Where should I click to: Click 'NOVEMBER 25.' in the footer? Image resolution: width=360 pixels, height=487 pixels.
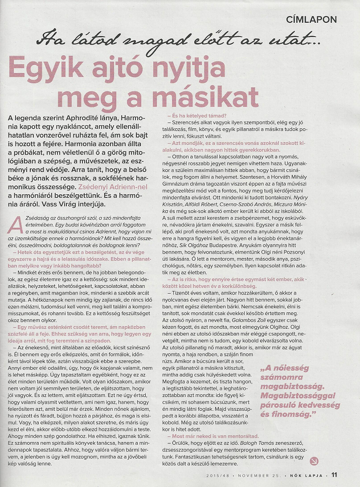tap(260, 475)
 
